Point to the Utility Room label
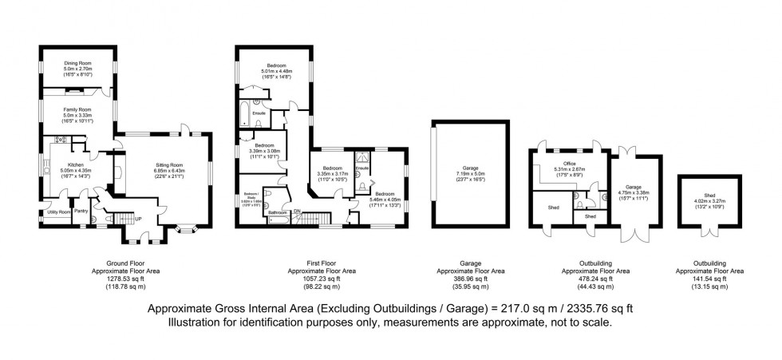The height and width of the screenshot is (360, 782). (x=55, y=212)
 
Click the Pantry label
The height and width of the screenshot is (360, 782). (x=81, y=212)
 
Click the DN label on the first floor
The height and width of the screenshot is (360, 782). (x=297, y=211)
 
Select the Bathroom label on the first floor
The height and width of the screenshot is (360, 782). (x=278, y=212)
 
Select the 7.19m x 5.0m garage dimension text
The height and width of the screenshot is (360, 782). (x=470, y=175)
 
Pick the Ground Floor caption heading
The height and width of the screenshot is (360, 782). (x=127, y=263)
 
